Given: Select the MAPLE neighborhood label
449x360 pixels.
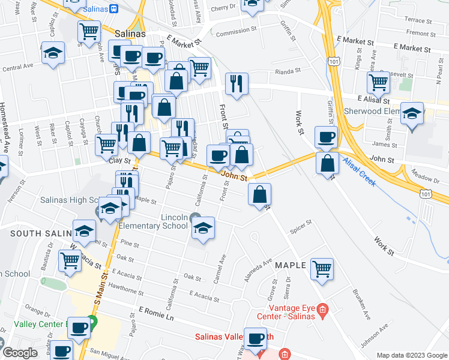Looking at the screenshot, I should click(x=291, y=265).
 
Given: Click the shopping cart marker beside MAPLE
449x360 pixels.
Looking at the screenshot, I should click(x=322, y=268).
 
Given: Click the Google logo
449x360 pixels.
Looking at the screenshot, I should click(x=20, y=353).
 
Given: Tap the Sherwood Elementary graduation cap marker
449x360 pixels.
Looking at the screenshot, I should click(x=412, y=114).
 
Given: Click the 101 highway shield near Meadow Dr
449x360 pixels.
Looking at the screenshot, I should click(x=426, y=193).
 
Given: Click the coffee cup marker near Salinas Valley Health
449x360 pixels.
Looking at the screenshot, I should click(x=256, y=340).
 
